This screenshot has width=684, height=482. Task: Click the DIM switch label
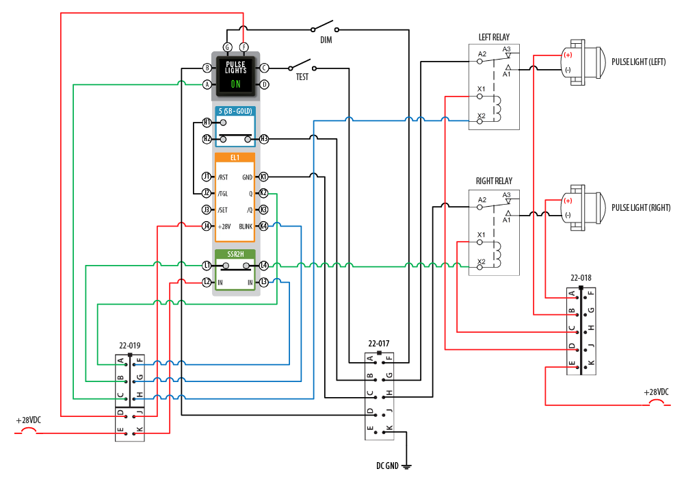[326, 40]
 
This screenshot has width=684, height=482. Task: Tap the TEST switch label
[302, 77]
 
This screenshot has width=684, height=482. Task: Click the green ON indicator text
[235, 84]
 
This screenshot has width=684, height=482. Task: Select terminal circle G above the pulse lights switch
[227, 47]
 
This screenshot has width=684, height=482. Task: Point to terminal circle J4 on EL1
[207, 226]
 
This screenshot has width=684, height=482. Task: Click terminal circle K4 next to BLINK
[263, 226]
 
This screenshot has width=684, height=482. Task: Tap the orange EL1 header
[235, 157]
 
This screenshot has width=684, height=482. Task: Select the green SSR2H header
[235, 254]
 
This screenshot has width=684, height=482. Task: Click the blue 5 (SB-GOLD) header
[235, 111]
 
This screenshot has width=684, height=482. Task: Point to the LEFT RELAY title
[494, 37]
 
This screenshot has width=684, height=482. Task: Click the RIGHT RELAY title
[494, 181]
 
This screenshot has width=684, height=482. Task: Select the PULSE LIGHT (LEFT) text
[638, 62]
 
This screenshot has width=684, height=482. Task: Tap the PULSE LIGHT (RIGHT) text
[640, 207]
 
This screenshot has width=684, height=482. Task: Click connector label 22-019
[130, 346]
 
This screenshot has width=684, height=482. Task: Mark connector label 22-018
[581, 279]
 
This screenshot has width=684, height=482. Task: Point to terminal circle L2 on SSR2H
[207, 282]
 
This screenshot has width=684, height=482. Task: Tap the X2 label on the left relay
[482, 116]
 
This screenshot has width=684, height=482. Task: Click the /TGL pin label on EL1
[222, 193]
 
